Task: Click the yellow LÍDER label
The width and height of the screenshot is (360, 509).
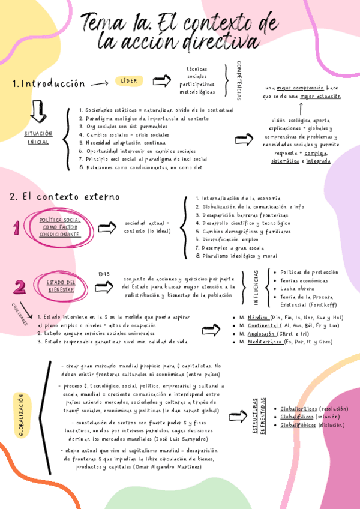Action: point(129,81)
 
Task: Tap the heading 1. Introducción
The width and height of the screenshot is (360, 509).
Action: point(49,84)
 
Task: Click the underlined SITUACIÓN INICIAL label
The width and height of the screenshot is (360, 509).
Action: point(38,137)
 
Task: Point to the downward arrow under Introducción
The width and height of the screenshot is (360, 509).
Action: point(38,113)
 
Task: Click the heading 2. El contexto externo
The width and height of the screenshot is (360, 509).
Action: point(64,197)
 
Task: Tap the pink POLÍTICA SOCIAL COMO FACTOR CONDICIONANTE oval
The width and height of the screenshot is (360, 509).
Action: point(60,227)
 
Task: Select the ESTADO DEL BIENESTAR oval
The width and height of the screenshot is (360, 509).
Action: point(61,285)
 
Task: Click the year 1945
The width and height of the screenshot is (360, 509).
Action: point(104,274)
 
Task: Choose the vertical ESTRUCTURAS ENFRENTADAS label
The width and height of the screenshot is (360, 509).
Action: point(259,415)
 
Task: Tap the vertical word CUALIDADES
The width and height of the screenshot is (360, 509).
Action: point(19,314)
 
